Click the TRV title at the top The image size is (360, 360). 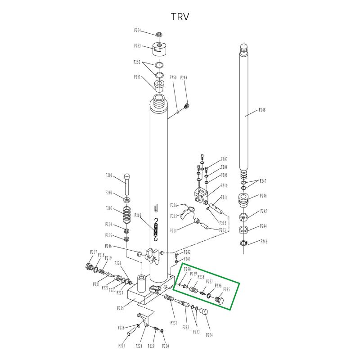click(180, 17)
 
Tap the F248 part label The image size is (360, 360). click(262, 110)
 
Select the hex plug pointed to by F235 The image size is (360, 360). click(220, 300)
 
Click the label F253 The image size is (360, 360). click(138, 46)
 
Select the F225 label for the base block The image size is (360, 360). click(121, 309)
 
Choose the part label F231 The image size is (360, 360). click(174, 323)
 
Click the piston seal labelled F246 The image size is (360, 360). click(243, 199)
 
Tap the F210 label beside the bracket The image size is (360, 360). click(224, 185)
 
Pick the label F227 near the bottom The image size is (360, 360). click(121, 346)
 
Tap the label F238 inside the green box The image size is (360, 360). click(201, 277)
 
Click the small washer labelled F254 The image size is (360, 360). click(159, 34)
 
